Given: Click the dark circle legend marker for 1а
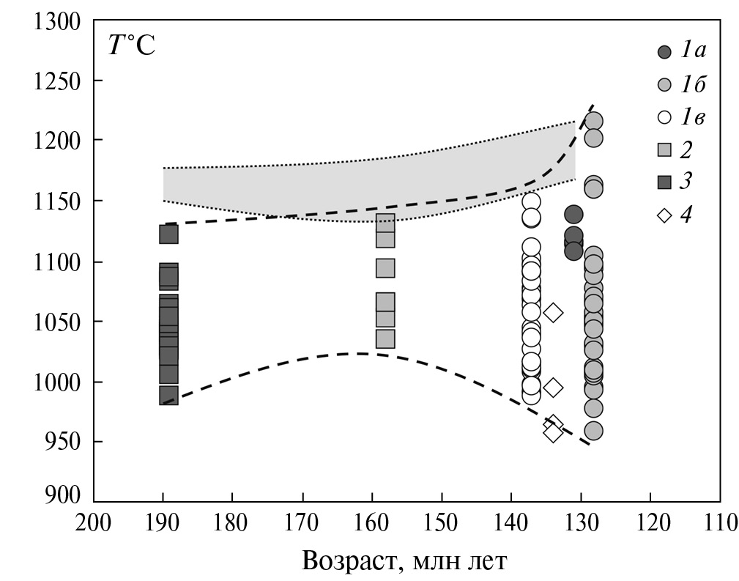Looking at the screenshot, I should click(664, 52).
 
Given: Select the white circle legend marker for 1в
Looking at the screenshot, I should click(664, 117).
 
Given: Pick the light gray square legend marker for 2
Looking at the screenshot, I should click(664, 150).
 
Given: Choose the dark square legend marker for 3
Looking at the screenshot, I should click(664, 182).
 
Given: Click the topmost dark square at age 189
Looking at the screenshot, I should click(169, 234).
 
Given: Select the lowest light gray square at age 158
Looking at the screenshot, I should click(385, 339).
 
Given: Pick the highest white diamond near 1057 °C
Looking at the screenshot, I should click(554, 313).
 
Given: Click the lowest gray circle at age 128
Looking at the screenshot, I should click(593, 430).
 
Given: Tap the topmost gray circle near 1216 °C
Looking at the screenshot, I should click(593, 121).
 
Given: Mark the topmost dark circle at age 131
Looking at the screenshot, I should click(573, 215).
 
